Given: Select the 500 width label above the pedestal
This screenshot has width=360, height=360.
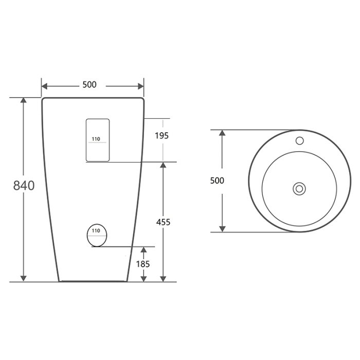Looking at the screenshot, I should [x=89, y=85].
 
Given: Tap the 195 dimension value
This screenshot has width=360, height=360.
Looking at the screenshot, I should [x=161, y=136].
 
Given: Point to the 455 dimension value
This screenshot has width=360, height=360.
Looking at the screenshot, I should [x=163, y=222].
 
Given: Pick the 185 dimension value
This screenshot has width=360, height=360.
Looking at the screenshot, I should [x=143, y=264].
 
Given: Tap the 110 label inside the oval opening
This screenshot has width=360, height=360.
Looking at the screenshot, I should [x=96, y=231].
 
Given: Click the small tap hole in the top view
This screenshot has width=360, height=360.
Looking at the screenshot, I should [x=299, y=140].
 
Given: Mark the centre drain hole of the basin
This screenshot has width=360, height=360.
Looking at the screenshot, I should [x=299, y=189].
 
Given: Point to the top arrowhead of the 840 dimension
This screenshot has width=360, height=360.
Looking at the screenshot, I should [x=24, y=101].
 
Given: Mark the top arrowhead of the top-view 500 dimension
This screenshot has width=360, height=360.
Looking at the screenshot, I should [x=222, y=133].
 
